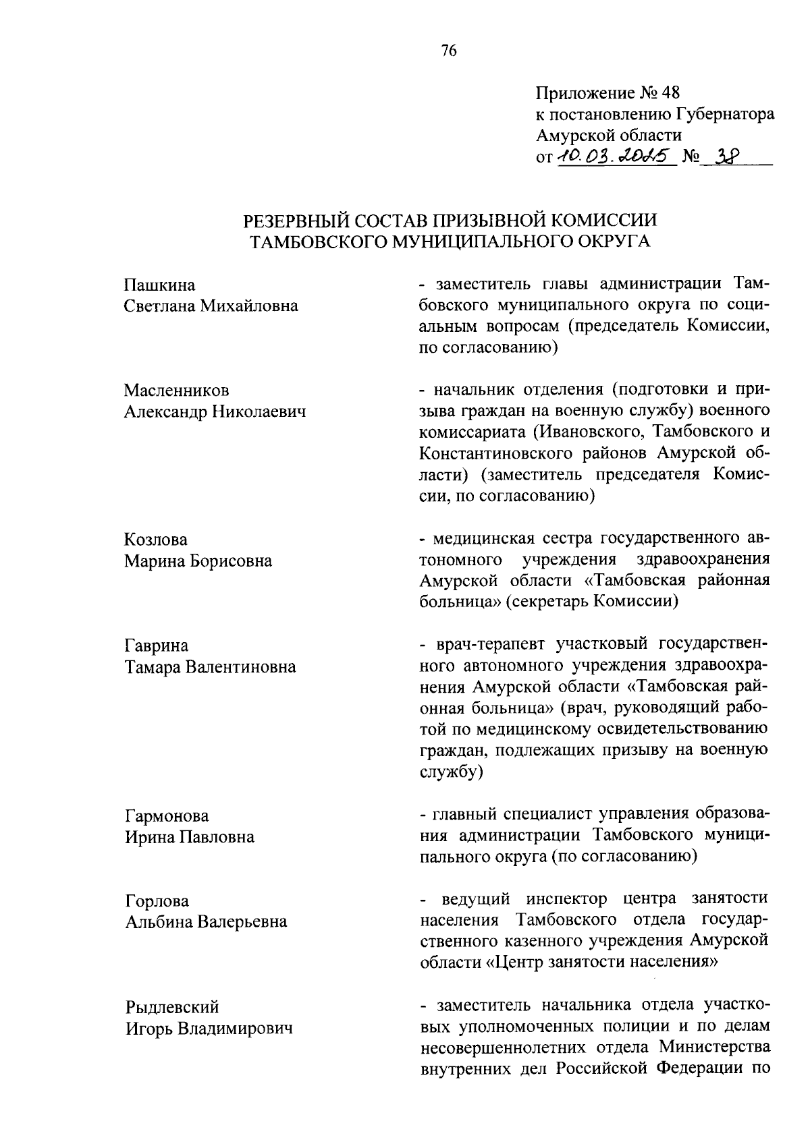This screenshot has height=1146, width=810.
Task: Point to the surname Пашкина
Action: [x=160, y=285]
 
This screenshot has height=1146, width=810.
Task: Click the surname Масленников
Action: [x=177, y=391]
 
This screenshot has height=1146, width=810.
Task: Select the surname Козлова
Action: [x=157, y=540]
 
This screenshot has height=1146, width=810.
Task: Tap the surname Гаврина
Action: [x=157, y=646]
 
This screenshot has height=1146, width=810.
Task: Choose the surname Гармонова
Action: [x=167, y=816]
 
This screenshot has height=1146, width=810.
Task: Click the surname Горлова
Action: [x=157, y=901]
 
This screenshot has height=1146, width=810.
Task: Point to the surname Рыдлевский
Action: [x=172, y=1007]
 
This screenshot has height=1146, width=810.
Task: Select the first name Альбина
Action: [x=159, y=922]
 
